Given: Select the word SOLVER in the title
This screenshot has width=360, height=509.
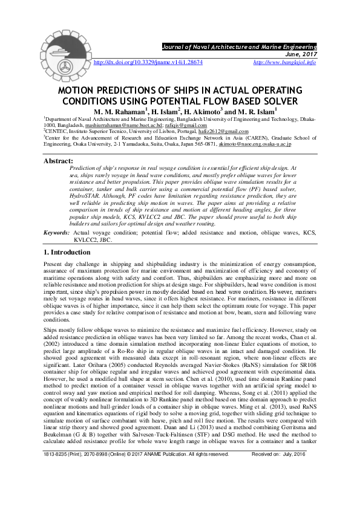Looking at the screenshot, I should tap(274, 100).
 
